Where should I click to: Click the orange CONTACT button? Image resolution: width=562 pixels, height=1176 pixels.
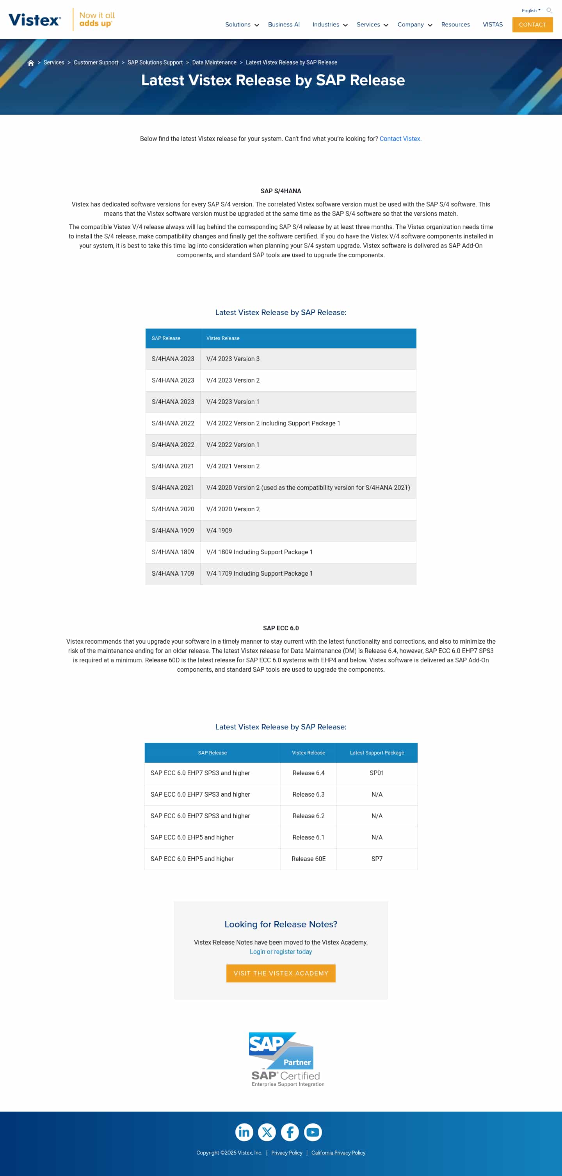point(532,25)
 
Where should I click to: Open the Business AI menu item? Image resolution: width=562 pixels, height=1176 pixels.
point(283,25)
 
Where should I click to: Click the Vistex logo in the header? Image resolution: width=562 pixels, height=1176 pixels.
point(35,20)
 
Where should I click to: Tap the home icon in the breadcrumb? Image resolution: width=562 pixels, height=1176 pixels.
point(30,63)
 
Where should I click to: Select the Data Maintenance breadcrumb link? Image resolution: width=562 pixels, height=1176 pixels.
point(214,62)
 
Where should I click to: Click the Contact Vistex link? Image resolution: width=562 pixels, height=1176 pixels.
point(400,139)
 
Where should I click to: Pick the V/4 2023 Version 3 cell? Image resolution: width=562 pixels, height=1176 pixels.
point(233,359)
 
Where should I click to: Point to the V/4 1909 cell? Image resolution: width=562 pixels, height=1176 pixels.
point(219,530)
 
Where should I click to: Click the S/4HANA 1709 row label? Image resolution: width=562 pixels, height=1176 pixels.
point(173,573)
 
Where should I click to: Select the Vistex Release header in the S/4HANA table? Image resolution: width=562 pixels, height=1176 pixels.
point(223,338)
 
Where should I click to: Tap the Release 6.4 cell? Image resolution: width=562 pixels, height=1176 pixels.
point(308,773)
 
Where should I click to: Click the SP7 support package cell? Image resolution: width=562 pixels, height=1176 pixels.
point(377,859)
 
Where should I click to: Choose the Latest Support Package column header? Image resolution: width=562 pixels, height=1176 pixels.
point(377,753)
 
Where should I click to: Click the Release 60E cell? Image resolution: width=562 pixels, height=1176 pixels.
point(308,859)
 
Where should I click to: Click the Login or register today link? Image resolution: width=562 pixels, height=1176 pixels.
point(281,952)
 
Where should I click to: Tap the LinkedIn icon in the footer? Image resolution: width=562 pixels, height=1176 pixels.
point(244,1132)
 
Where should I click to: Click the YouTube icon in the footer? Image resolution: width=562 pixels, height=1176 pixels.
point(313,1132)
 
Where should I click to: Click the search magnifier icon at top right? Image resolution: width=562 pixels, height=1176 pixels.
point(549,11)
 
